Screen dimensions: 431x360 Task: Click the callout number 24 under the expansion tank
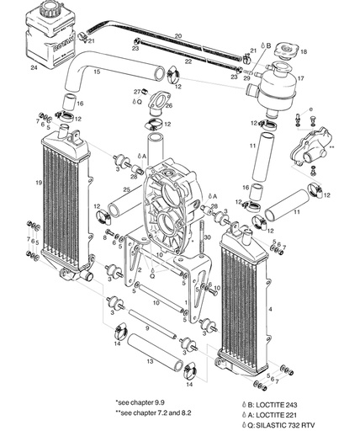34,65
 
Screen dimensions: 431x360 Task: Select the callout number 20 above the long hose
177,35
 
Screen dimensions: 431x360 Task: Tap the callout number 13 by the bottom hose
149,359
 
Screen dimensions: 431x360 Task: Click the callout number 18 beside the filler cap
304,52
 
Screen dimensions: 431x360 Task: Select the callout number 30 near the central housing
207,238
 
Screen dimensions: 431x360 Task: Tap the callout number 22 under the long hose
187,61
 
